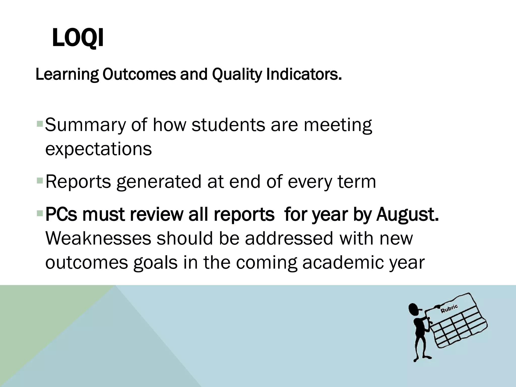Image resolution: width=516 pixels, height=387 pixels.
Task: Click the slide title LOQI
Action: point(78,39)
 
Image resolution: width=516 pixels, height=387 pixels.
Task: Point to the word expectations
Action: point(99,149)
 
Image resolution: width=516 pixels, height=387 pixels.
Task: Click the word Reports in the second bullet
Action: point(78,182)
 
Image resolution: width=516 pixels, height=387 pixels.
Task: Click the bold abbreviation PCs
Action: point(61,214)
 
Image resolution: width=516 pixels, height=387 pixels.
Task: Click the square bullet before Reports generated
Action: point(40,180)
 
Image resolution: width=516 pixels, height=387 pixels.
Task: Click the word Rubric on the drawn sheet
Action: point(449,309)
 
